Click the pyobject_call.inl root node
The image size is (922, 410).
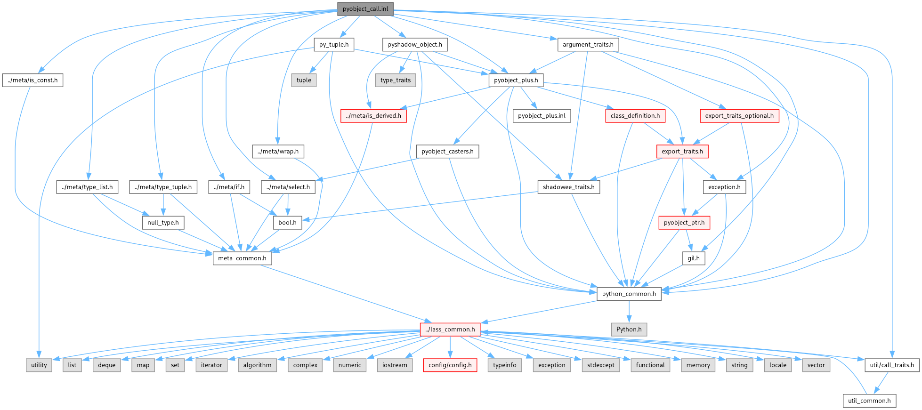(x=365, y=9)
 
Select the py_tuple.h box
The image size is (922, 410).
(x=334, y=45)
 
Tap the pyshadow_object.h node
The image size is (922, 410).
(x=414, y=45)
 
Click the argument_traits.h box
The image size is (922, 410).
(x=588, y=45)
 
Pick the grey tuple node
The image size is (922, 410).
(x=304, y=80)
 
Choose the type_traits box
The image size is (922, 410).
(x=396, y=80)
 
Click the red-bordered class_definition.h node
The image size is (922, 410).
(x=635, y=116)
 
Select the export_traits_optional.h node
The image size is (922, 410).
(x=739, y=116)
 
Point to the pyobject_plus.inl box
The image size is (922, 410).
(x=542, y=116)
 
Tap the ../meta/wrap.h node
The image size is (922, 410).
(x=278, y=152)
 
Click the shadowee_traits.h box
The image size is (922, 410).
(x=568, y=187)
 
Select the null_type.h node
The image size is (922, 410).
(x=163, y=223)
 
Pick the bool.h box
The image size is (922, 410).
(x=287, y=223)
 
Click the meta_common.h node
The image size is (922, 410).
(x=242, y=258)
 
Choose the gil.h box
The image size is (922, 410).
(x=694, y=258)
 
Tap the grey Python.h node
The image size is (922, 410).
(x=629, y=330)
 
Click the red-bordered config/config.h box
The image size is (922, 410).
(x=450, y=365)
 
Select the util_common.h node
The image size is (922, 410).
(x=869, y=401)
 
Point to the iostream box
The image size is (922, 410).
(x=395, y=365)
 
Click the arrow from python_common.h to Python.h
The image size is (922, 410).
(x=629, y=312)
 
